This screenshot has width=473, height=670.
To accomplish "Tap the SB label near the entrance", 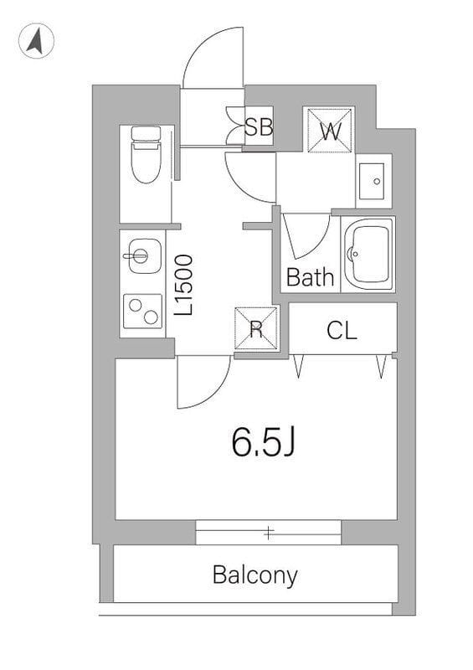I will [x=259, y=127].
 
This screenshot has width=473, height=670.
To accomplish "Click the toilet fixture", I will [x=147, y=155].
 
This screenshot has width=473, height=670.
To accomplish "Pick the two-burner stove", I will [x=141, y=312].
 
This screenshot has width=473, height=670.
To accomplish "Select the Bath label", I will [x=310, y=277].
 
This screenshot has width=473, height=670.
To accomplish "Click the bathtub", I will [x=368, y=254].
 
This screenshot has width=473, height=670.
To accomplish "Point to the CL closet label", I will [x=342, y=330].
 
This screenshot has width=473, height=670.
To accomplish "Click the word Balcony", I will [x=254, y=575].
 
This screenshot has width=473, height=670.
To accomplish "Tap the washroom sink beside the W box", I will [x=373, y=180].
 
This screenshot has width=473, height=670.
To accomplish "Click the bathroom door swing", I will [x=305, y=235].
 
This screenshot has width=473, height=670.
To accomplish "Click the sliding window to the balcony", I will [x=269, y=531].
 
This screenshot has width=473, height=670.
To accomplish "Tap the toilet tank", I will [x=147, y=133].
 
